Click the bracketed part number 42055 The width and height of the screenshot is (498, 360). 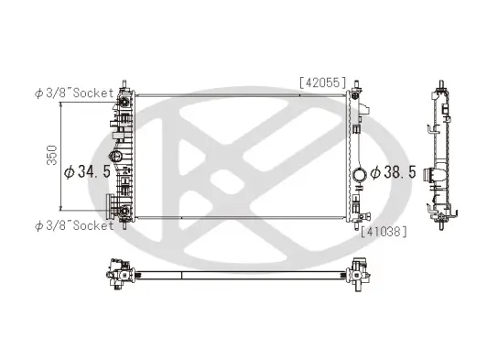[322, 83]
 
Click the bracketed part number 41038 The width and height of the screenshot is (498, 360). [384, 232]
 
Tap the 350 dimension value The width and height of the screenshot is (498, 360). [52, 155]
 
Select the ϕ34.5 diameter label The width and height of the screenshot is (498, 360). [87, 172]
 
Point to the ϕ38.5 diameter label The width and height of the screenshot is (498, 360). [394, 172]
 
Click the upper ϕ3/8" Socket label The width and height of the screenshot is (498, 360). [74, 93]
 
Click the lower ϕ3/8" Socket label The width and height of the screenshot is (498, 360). [74, 225]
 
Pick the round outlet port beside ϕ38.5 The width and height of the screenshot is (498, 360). [360, 175]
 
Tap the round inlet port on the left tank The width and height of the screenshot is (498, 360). [114, 156]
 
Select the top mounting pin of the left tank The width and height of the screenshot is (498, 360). [124, 84]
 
